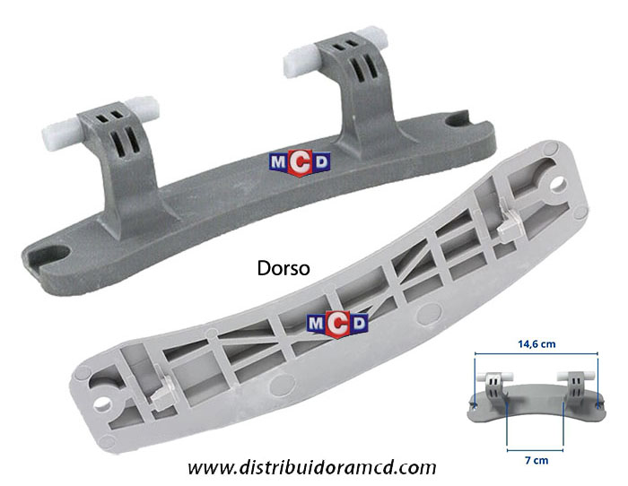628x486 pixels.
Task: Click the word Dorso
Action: point(283,268)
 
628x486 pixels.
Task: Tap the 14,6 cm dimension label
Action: point(536,344)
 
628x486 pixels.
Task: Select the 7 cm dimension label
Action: point(536,460)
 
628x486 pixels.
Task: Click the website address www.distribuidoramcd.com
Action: point(312,467)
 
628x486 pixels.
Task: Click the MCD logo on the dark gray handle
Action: point(300,162)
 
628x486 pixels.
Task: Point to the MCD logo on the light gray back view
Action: point(337,324)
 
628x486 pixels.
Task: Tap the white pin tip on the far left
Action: point(60,135)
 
